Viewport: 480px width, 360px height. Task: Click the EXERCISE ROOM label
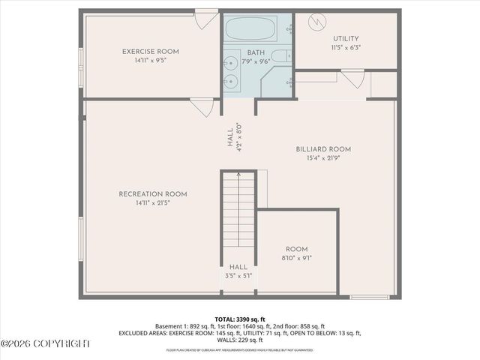coord(151,52)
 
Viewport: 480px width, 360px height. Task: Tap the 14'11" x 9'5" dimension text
coord(151,61)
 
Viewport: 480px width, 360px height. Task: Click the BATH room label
coord(255,52)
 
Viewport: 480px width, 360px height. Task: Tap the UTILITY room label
coord(345,39)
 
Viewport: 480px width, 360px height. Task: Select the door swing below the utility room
coord(353,79)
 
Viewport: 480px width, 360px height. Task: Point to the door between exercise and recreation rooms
coord(201,107)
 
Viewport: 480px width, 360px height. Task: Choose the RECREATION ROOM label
coord(153,194)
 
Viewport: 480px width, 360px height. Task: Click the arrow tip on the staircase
coord(238,174)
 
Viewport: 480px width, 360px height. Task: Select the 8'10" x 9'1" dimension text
coord(297,258)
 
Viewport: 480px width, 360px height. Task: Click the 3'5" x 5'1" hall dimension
coord(238,276)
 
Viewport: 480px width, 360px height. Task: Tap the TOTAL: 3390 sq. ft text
coord(240,319)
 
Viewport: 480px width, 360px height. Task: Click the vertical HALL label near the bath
coord(231,138)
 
